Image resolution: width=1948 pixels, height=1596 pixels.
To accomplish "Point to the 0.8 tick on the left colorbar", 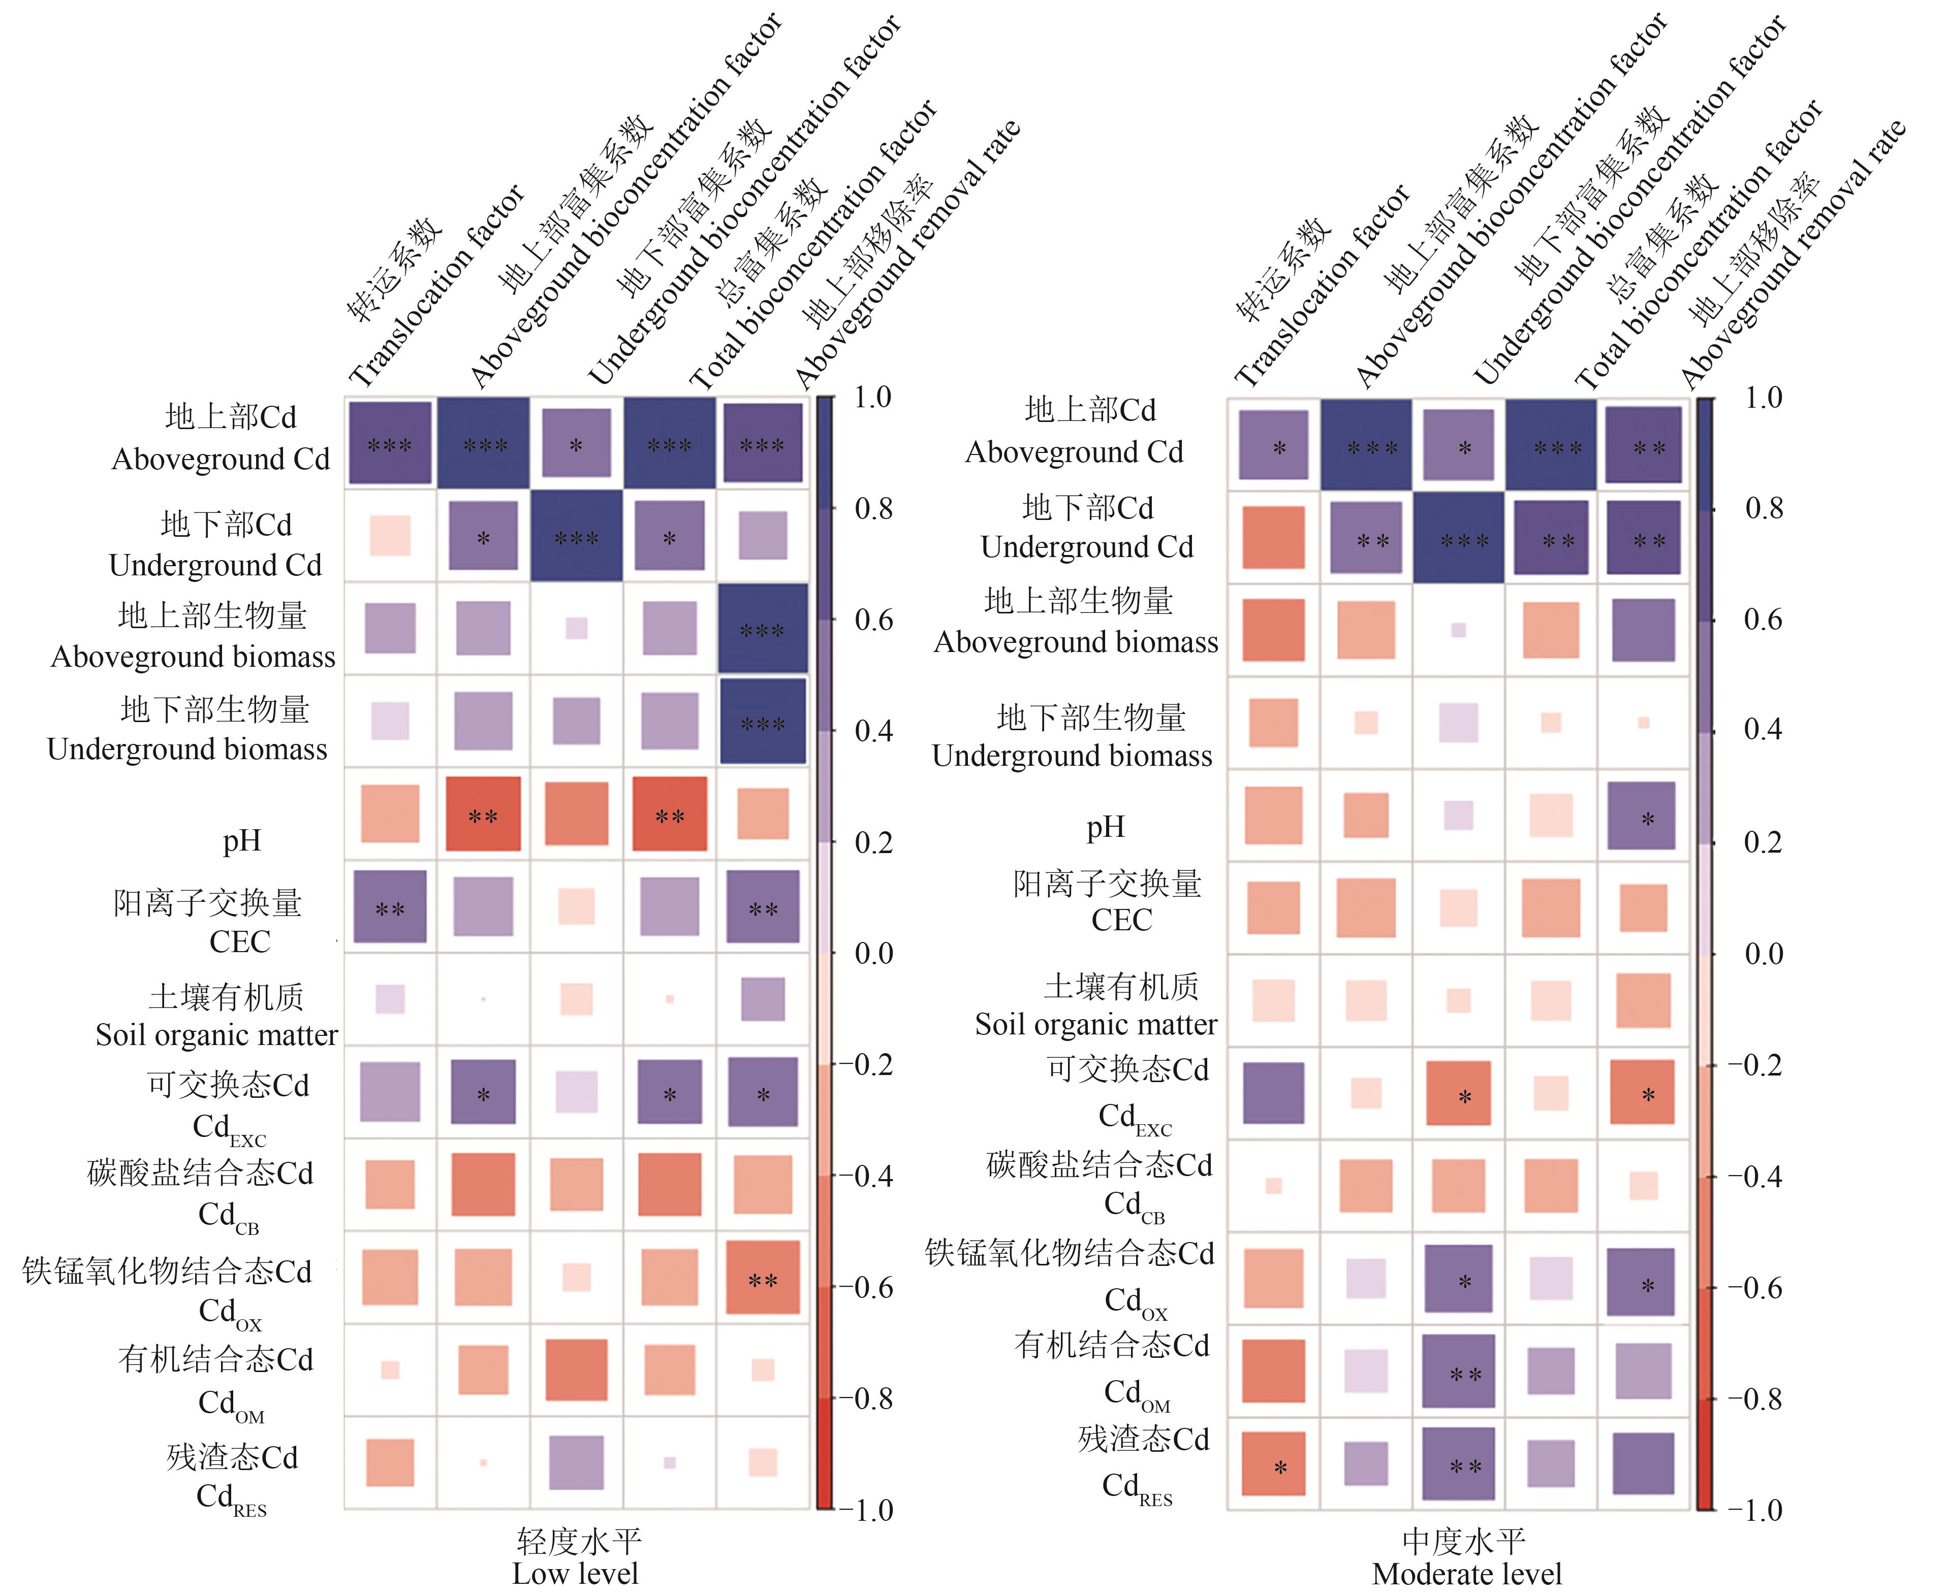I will pos(873,508).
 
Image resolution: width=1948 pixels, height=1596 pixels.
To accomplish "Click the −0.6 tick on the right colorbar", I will pos(1755,1288).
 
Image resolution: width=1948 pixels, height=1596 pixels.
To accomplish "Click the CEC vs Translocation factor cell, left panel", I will pos(390,906).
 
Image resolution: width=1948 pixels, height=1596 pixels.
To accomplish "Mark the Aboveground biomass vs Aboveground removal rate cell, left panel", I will pos(763,630).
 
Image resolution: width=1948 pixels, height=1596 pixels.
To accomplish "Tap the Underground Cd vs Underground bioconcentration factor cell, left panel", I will pos(577,537).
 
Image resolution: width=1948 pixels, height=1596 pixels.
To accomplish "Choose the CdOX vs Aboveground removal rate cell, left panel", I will pos(763,1278).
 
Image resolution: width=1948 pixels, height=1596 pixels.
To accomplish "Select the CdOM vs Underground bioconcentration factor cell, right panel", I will pos(1459,1371).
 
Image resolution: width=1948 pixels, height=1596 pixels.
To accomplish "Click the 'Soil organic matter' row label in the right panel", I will pos(1096,1023).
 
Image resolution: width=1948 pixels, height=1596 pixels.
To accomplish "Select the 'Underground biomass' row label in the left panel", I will pos(187,750).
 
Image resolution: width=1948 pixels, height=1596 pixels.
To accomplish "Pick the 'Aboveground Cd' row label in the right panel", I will pos(1074,451).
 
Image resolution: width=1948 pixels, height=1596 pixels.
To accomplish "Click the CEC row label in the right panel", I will pos(1121,919).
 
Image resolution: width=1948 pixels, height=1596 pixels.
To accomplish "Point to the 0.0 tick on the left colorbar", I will pos(873,953).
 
